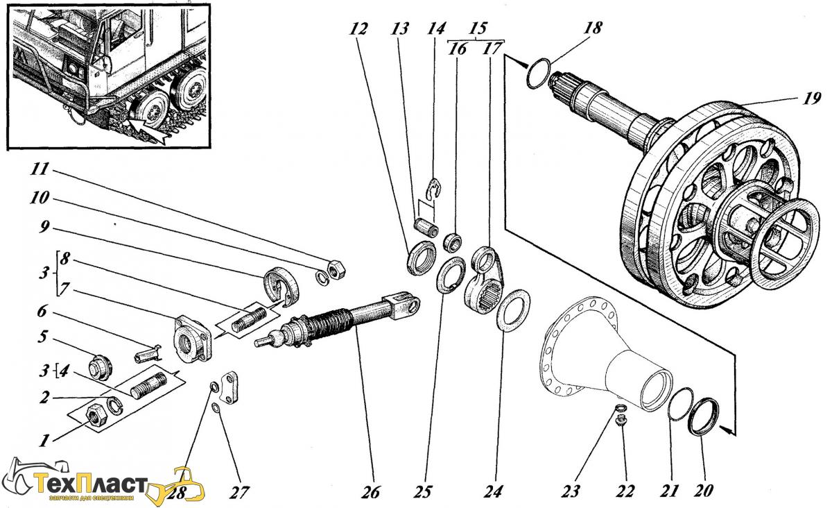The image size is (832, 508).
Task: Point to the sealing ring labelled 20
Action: pos(702,415)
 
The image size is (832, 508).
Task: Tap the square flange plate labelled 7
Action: pos(191,339)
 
